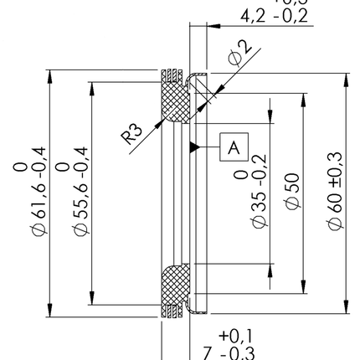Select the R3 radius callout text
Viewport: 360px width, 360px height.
pos(133,134)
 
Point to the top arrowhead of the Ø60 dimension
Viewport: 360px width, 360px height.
pos(345,78)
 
